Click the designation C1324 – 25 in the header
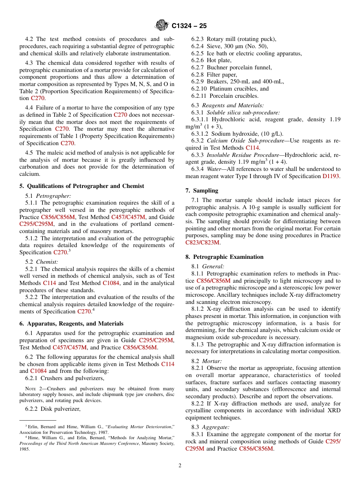(189, 26)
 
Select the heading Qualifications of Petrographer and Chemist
(81, 186)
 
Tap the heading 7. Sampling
(202, 191)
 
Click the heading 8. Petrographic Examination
(224, 257)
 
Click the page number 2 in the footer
(180, 465)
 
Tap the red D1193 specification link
(331, 176)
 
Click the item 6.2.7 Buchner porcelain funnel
(231, 67)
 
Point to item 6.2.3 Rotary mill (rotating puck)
(233, 39)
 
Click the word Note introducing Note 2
(30, 389)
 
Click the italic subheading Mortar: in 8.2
(212, 361)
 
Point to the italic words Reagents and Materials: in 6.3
(233, 105)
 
